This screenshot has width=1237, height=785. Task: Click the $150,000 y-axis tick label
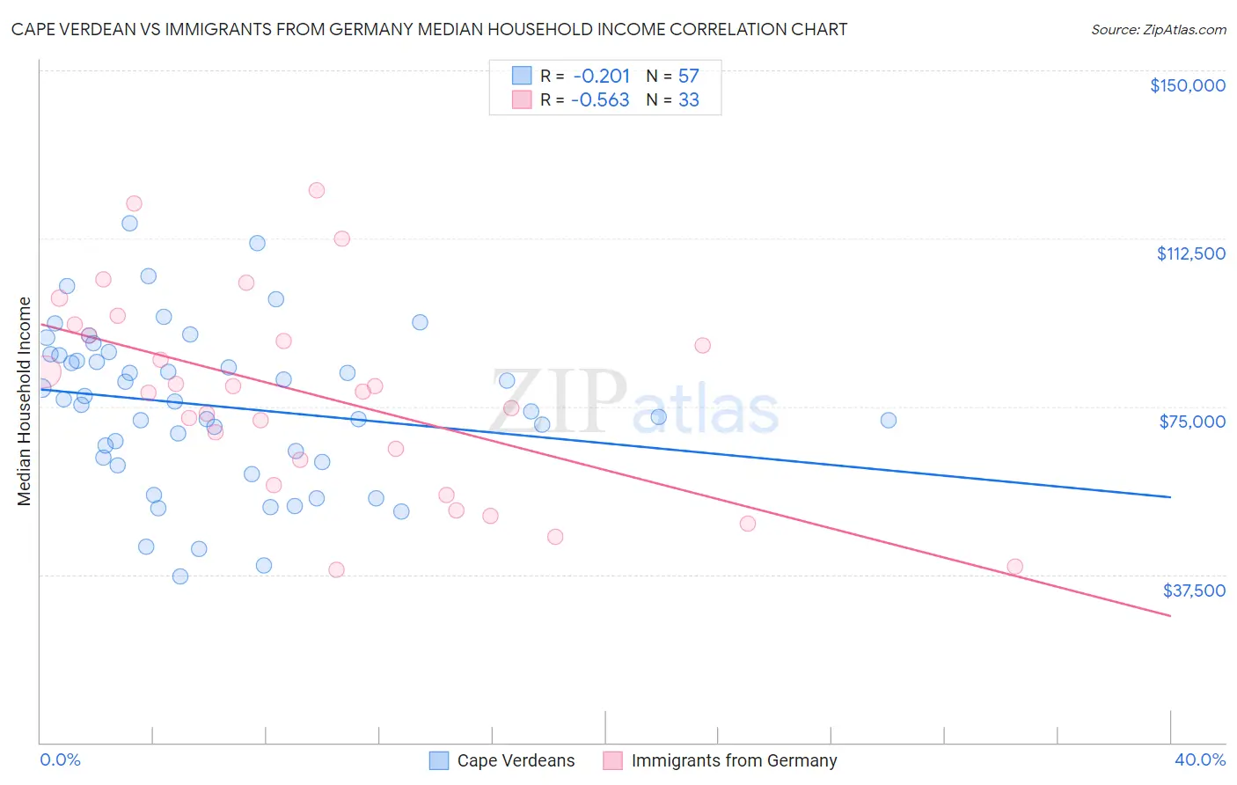tap(1187, 85)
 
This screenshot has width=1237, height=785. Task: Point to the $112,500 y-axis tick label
tap(1190, 253)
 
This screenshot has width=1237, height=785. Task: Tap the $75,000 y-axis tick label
tap(1192, 422)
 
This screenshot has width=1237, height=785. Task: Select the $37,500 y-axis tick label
tap(1194, 591)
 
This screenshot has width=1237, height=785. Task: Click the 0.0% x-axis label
tap(60, 759)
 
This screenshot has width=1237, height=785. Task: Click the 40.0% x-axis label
tap(1199, 759)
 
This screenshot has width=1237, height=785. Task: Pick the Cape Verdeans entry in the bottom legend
tap(501, 760)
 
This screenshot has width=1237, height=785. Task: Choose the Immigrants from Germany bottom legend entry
tap(720, 760)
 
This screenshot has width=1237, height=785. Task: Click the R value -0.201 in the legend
tap(601, 77)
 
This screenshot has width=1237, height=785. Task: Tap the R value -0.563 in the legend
tap(600, 100)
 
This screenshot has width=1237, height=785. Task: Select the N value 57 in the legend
tap(688, 77)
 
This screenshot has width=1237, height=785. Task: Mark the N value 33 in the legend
tap(688, 100)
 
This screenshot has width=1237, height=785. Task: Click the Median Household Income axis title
tap(25, 401)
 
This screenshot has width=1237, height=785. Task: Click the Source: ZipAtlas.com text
tap(1158, 30)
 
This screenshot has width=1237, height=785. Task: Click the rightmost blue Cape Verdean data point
tap(889, 421)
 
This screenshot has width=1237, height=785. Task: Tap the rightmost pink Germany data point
tap(1014, 567)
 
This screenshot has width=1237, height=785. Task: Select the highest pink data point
tap(317, 190)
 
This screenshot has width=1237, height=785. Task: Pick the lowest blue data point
tap(180, 576)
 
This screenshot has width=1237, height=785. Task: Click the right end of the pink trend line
tap(1170, 615)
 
